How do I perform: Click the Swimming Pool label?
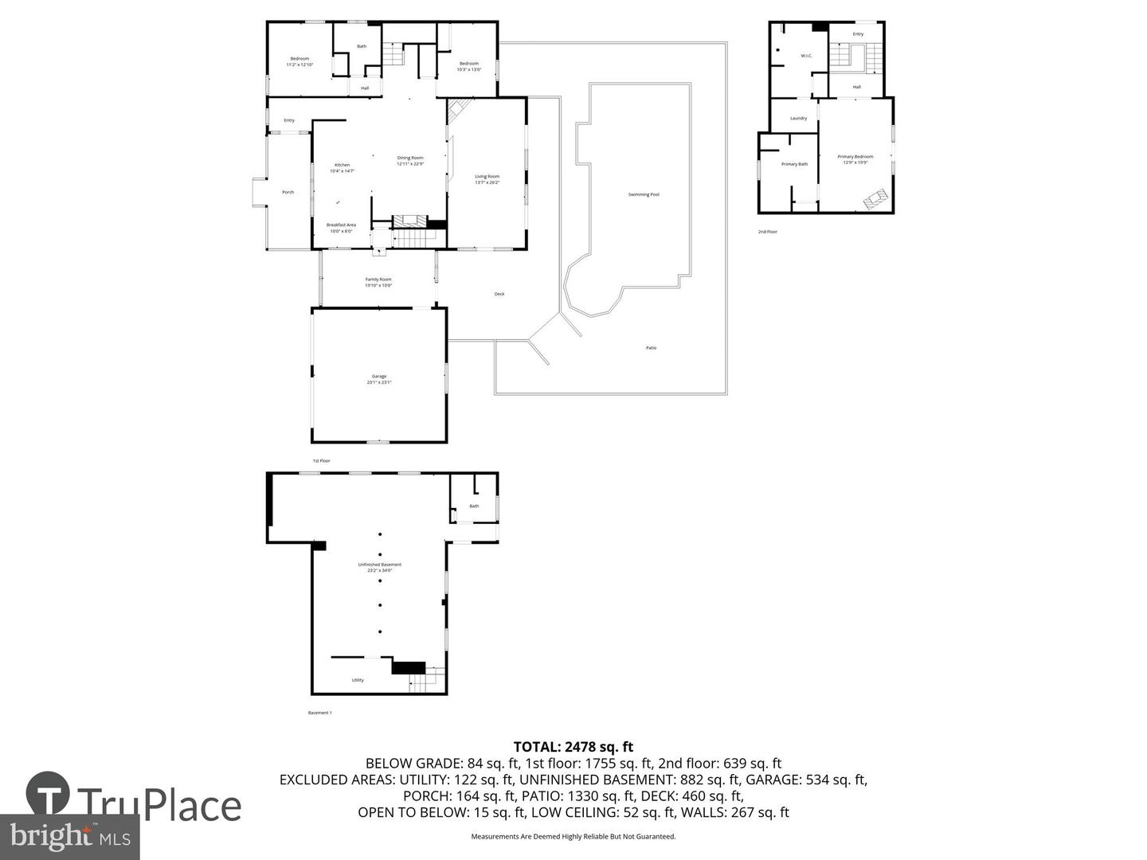pos(644,194)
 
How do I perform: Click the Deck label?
pos(499,294)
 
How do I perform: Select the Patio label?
pos(652,348)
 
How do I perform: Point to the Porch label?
pos(288,192)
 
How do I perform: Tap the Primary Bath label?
pos(794,164)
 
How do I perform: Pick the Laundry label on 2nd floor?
pos(798,118)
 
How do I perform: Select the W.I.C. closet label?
pos(806,56)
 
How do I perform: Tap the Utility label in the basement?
pos(358,680)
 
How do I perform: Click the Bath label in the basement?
pos(474,506)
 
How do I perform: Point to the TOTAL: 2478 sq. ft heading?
pos(573,747)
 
